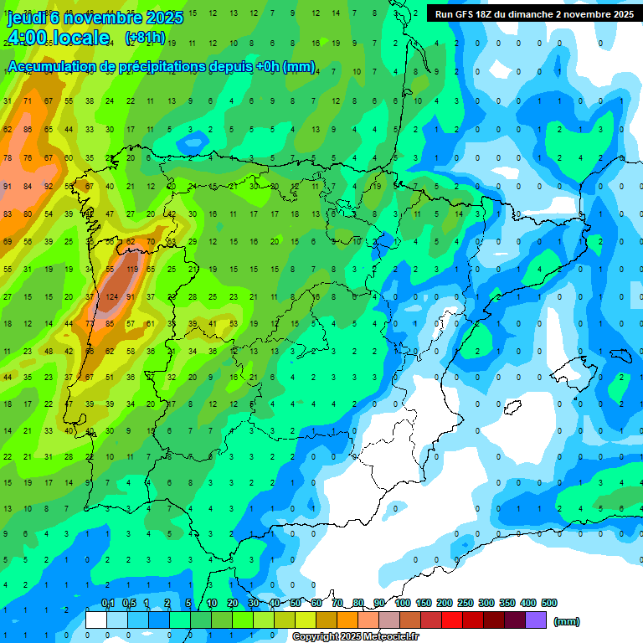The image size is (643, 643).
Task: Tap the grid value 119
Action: (x=131, y=270)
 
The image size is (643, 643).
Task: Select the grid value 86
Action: (x=28, y=129)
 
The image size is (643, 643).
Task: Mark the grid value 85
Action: (x=110, y=323)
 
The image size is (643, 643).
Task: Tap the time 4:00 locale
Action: (x=59, y=38)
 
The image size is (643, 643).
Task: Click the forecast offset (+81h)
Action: (x=144, y=38)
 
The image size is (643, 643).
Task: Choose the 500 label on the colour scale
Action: (x=549, y=603)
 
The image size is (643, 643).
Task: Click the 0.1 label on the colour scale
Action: (x=107, y=603)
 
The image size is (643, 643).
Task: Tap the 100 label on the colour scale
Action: (x=403, y=603)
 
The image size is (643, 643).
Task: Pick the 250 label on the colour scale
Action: (x=466, y=603)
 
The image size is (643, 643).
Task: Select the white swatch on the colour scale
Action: (x=96, y=620)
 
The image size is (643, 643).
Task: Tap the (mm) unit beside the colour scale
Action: (x=567, y=621)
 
